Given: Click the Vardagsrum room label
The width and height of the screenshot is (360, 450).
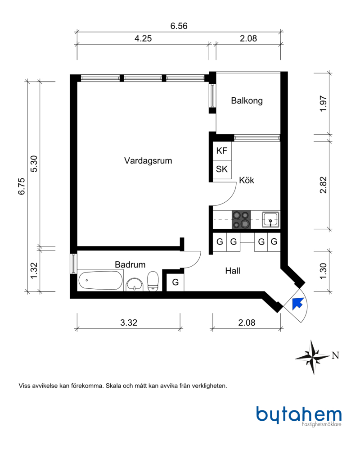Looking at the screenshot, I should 148,160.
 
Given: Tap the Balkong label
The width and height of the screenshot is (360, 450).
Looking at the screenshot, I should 247,101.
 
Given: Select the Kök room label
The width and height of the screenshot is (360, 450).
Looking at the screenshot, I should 247,180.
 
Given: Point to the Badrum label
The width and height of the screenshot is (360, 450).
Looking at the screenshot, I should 130,265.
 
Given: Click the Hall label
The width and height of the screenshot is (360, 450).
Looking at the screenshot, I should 232,271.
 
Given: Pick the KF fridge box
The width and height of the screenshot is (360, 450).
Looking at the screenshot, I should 222,151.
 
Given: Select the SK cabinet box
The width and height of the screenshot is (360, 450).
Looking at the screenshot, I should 222,169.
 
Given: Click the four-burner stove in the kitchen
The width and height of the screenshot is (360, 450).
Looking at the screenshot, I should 241,219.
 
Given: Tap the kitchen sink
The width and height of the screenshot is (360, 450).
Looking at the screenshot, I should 271,219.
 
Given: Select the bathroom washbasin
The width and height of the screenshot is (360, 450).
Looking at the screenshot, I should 134,284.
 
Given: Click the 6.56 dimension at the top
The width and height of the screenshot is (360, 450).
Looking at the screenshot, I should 179,26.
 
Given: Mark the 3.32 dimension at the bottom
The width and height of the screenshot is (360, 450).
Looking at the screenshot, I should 128,323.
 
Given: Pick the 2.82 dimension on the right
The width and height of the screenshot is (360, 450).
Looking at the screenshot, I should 323,185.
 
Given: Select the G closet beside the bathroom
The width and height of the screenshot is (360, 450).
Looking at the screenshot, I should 175,282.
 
